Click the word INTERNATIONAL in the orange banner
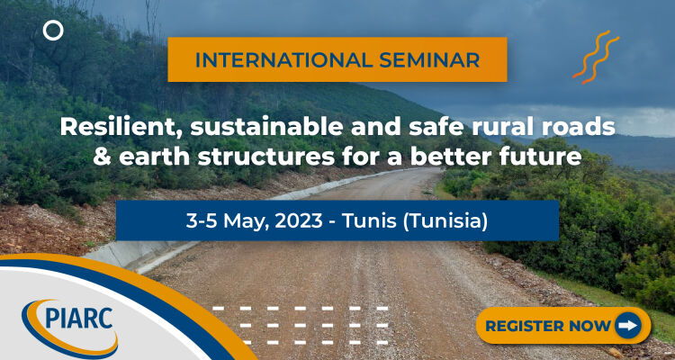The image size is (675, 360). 282,60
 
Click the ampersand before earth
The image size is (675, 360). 102,157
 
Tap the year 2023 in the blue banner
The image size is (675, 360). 299,220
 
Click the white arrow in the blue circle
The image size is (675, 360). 627,326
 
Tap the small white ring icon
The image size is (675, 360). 53,31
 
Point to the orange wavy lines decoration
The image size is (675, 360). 596,58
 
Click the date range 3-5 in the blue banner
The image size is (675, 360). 202,220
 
